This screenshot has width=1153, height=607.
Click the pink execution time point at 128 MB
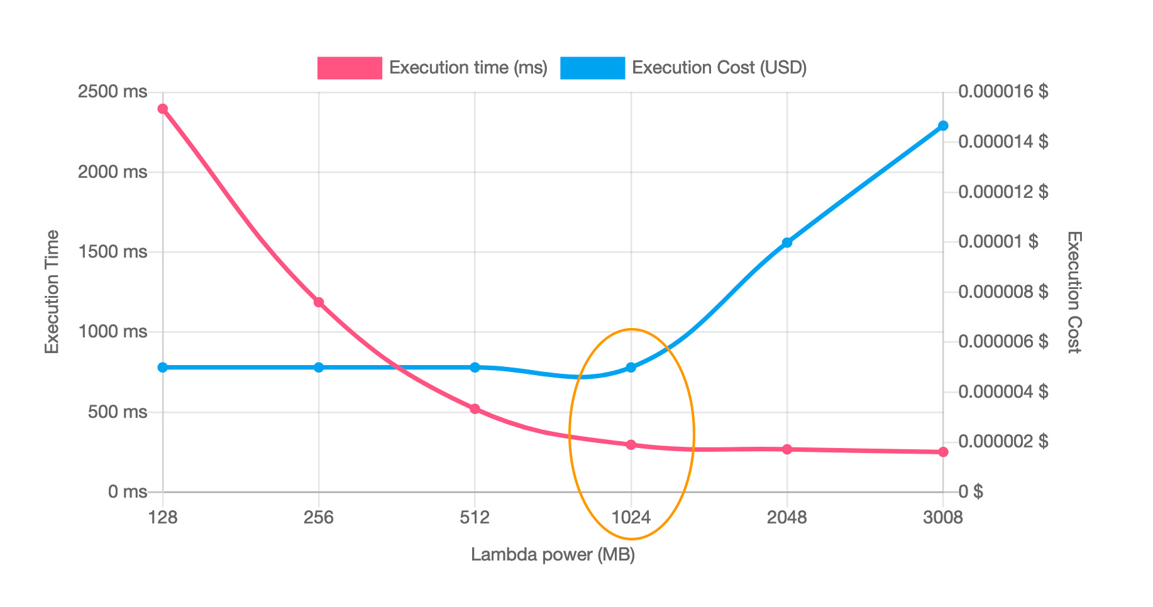coord(163,109)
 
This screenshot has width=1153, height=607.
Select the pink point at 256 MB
coord(319,302)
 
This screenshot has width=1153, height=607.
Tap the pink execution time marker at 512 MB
coord(475,409)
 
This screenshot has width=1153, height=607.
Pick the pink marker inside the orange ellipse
coord(631,445)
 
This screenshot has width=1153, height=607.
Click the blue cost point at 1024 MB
coord(631,367)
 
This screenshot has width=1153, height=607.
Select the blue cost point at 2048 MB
coord(787,243)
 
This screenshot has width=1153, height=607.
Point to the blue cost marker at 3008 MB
coord(943,126)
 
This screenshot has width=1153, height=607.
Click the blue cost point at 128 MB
coord(163,367)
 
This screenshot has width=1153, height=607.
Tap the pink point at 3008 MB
coord(943,452)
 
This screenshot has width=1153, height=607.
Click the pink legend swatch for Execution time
coord(350,68)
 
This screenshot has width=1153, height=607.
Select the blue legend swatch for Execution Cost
coord(592,68)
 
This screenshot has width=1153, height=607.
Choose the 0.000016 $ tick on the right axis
coord(1003,92)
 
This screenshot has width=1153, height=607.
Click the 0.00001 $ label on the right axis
coord(998,242)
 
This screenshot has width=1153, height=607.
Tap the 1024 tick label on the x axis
coord(631,518)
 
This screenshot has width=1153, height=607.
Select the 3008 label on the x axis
coord(942,518)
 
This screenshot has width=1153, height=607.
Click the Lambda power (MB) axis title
coord(553,555)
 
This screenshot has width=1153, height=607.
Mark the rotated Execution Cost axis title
coord(1074,292)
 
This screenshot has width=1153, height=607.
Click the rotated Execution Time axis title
coord(52,292)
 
